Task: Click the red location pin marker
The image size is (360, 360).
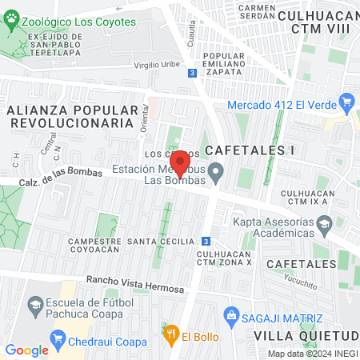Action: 181,162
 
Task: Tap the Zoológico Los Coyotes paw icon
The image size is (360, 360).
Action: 10,22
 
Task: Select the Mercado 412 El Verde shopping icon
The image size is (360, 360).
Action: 346,103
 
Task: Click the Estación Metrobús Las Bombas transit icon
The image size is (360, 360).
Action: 215,172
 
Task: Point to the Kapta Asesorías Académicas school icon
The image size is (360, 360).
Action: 324,229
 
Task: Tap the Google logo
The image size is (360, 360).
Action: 26,350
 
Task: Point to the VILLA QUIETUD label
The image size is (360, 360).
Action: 306,335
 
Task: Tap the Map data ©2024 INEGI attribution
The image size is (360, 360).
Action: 312,354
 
